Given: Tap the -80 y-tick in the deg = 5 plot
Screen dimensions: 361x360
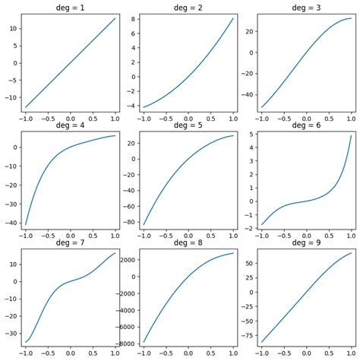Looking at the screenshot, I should pyautogui.click(x=131, y=223).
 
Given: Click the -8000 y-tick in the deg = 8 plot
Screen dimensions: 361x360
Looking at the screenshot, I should pyautogui.click(x=126, y=343).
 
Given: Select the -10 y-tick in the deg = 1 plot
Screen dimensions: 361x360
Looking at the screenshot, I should pyautogui.click(x=11, y=97).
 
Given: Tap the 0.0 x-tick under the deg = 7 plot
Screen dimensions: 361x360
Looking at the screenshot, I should pyautogui.click(x=71, y=354).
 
